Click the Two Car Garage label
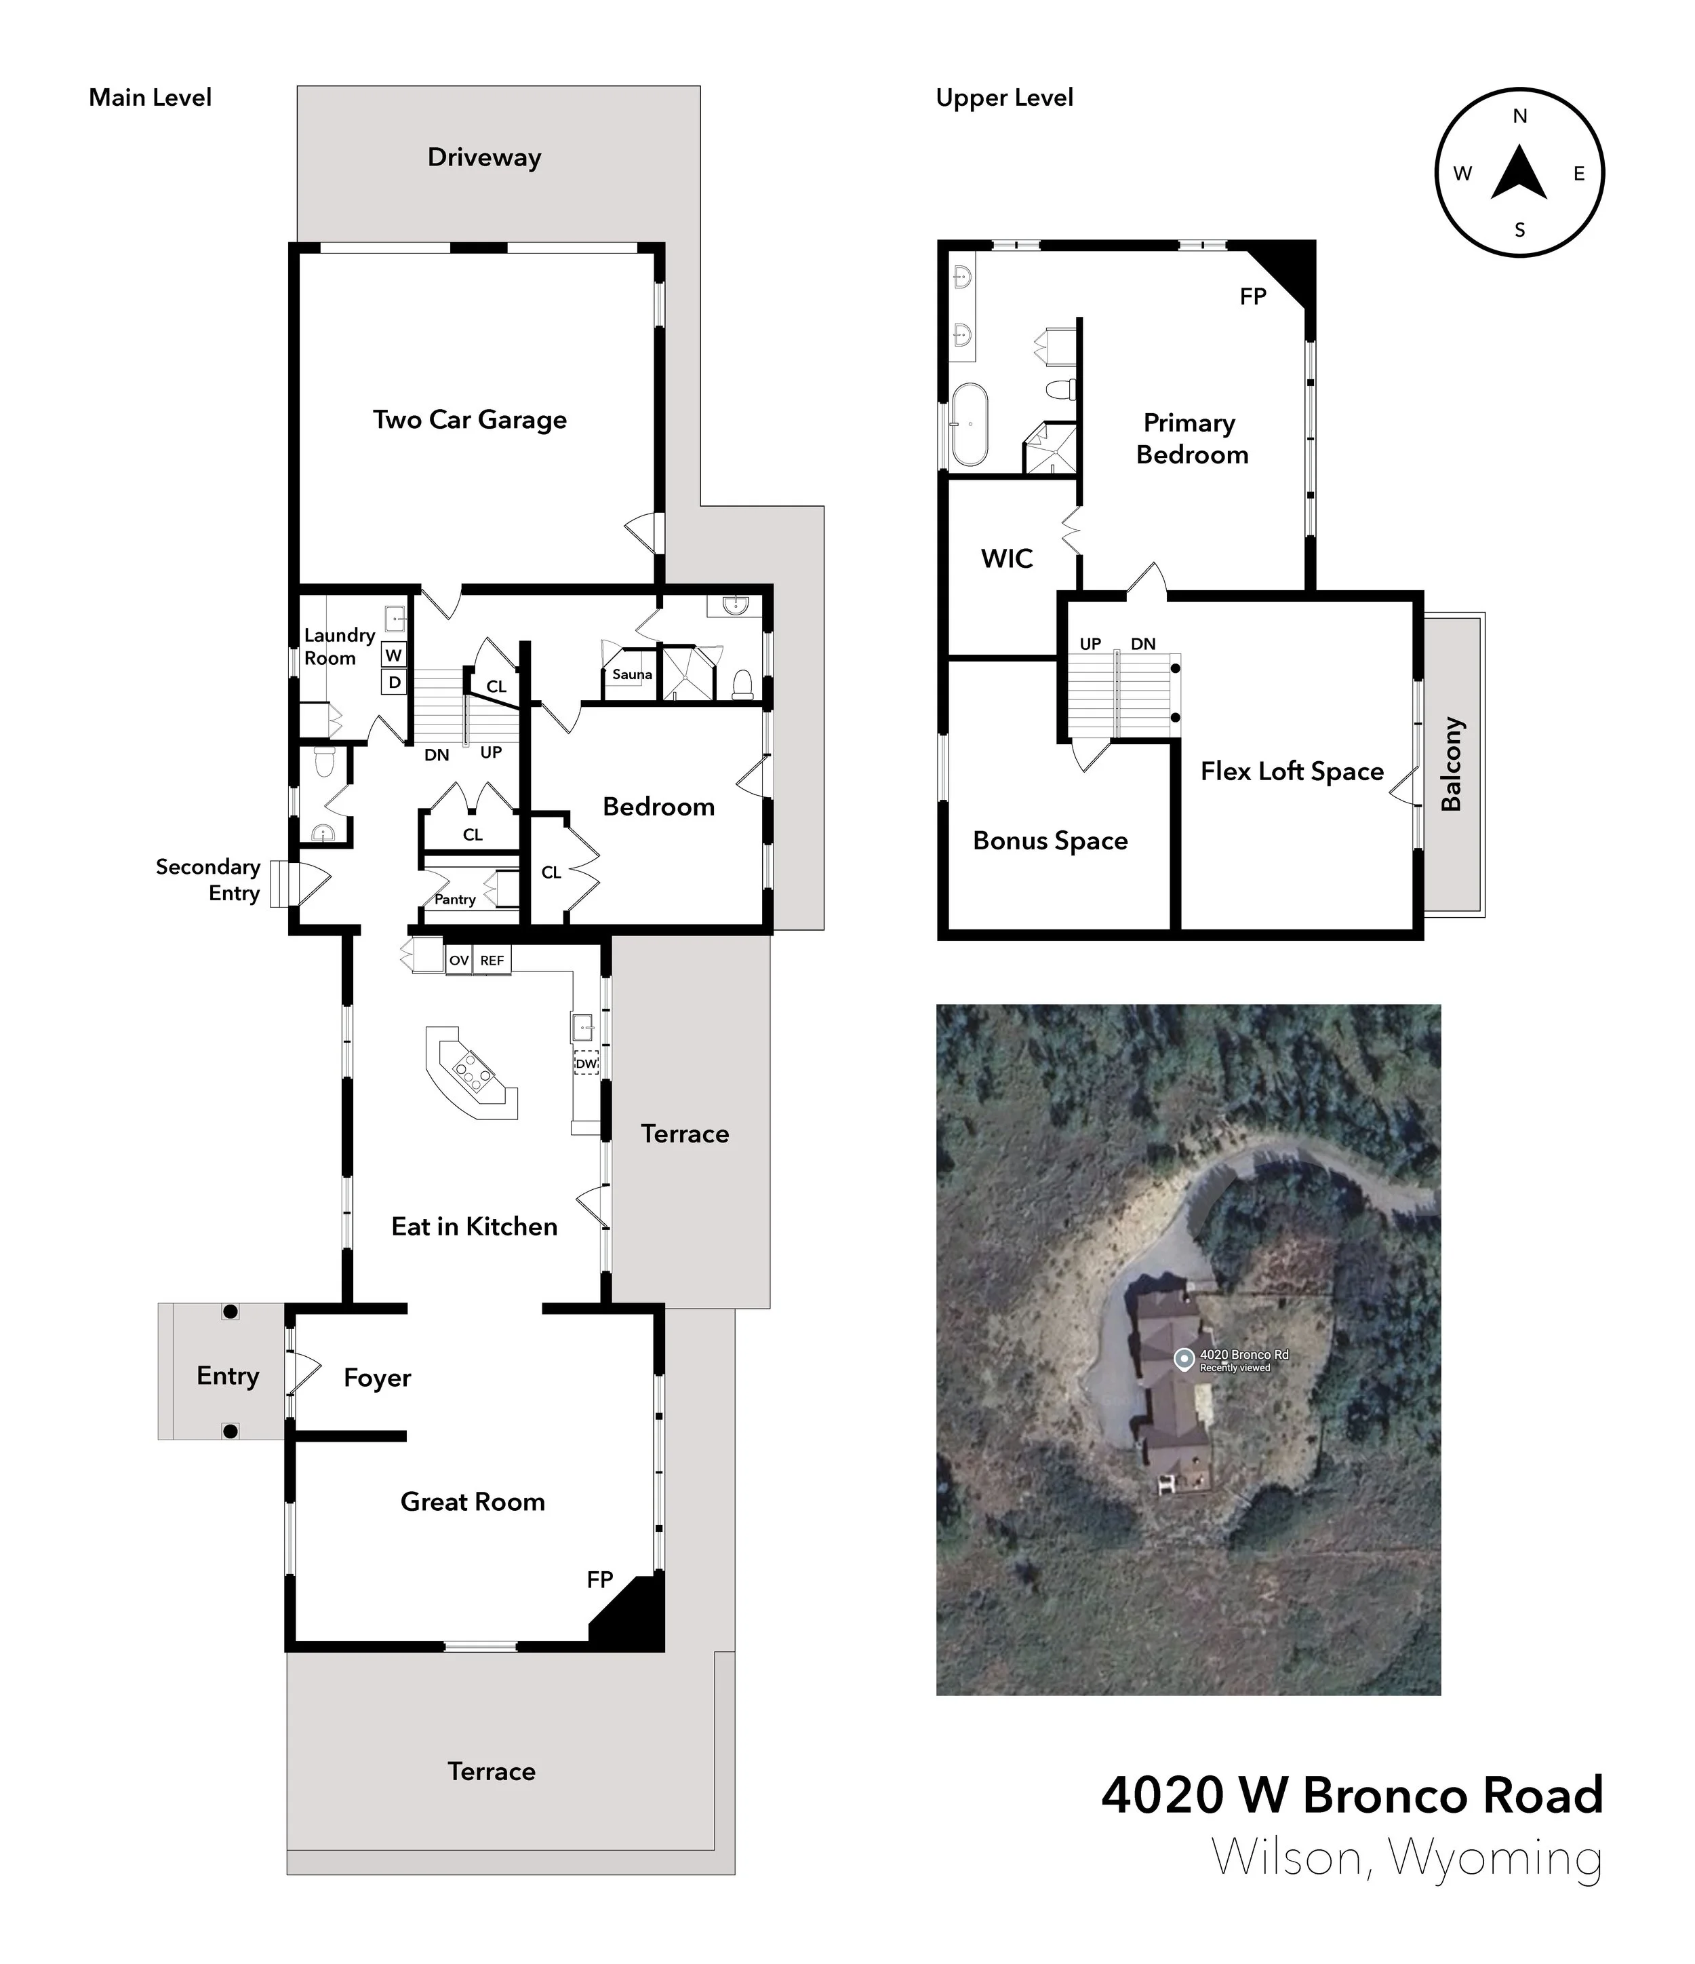[x=469, y=420]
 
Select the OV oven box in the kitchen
[x=458, y=960]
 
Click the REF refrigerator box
[x=492, y=960]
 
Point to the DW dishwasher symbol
[x=586, y=1064]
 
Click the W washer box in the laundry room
[x=394, y=655]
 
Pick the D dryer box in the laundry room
[x=394, y=682]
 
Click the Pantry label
[x=455, y=900]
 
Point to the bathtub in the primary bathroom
[x=970, y=424]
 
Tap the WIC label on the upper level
[x=1006, y=558]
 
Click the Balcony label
[x=1452, y=764]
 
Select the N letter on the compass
[x=1519, y=117]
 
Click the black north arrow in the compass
[x=1519, y=174]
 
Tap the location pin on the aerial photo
[x=1183, y=1360]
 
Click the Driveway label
[x=484, y=157]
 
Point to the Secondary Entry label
[x=207, y=880]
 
